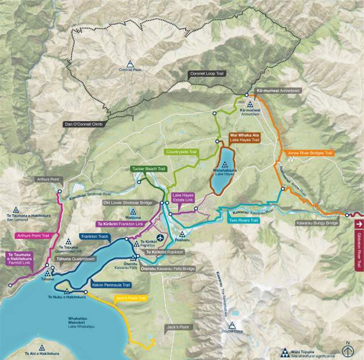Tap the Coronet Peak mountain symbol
pos(130,63)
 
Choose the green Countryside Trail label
pos(181,152)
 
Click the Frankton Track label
pos(94,235)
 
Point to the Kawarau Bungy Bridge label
pos(317,223)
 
